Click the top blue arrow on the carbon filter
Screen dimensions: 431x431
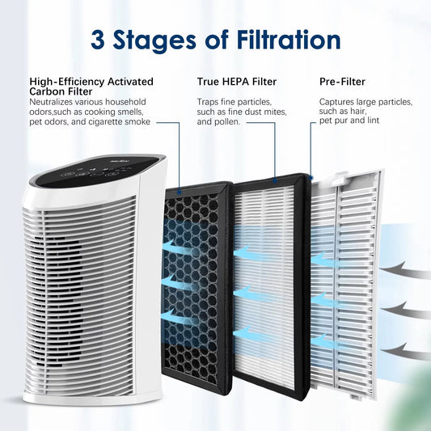182,247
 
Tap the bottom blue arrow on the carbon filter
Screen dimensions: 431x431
182,315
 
